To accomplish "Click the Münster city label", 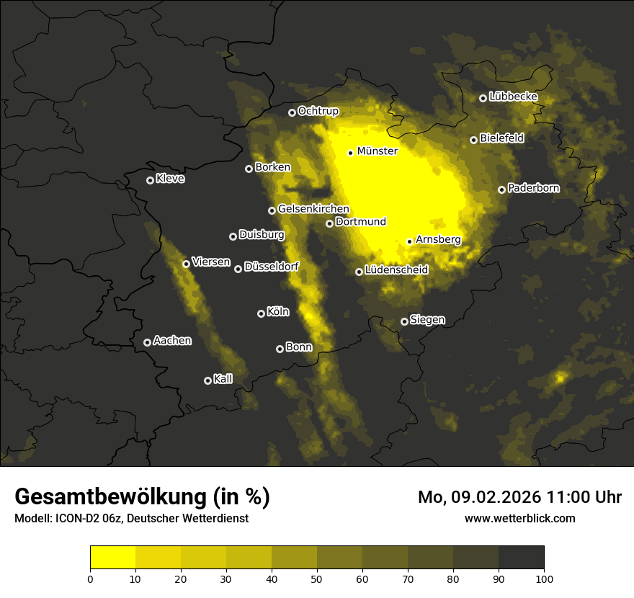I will click(377, 151).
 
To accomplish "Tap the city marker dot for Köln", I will click(261, 313).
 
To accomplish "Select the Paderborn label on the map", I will click(533, 188).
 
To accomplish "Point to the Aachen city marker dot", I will click(147, 342).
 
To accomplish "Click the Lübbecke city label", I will click(513, 97).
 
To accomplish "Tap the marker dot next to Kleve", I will click(150, 180).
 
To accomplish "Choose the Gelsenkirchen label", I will click(313, 209).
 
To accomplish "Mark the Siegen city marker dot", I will click(404, 321).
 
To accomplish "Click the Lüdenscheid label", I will click(396, 270).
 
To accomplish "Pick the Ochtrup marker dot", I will click(292, 112).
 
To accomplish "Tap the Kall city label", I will click(223, 379).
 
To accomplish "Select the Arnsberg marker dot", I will click(409, 241).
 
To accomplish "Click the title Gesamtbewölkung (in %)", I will click(142, 497).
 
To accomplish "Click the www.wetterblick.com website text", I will click(519, 518).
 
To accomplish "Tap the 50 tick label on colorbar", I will click(317, 578).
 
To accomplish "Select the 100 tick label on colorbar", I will click(544, 578).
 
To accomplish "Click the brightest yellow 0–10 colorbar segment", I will click(113, 558).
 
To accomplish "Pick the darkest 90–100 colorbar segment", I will click(521, 558).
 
